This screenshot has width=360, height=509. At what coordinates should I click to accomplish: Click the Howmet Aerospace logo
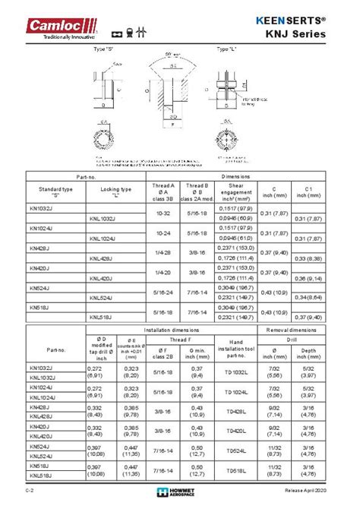tap(179, 492)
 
